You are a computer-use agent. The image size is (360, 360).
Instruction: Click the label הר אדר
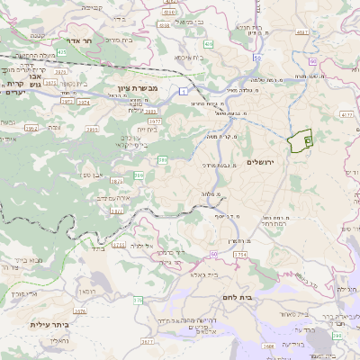coord(69,40)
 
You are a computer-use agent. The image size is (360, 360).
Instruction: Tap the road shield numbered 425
coord(62,52)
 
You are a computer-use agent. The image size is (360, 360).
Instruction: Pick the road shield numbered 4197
coord(301,32)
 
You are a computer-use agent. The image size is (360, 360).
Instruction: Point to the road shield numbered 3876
coord(78,311)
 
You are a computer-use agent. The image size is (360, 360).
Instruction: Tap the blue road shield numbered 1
coord(184,91)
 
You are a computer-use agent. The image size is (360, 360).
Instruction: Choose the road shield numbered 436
coord(209,43)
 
